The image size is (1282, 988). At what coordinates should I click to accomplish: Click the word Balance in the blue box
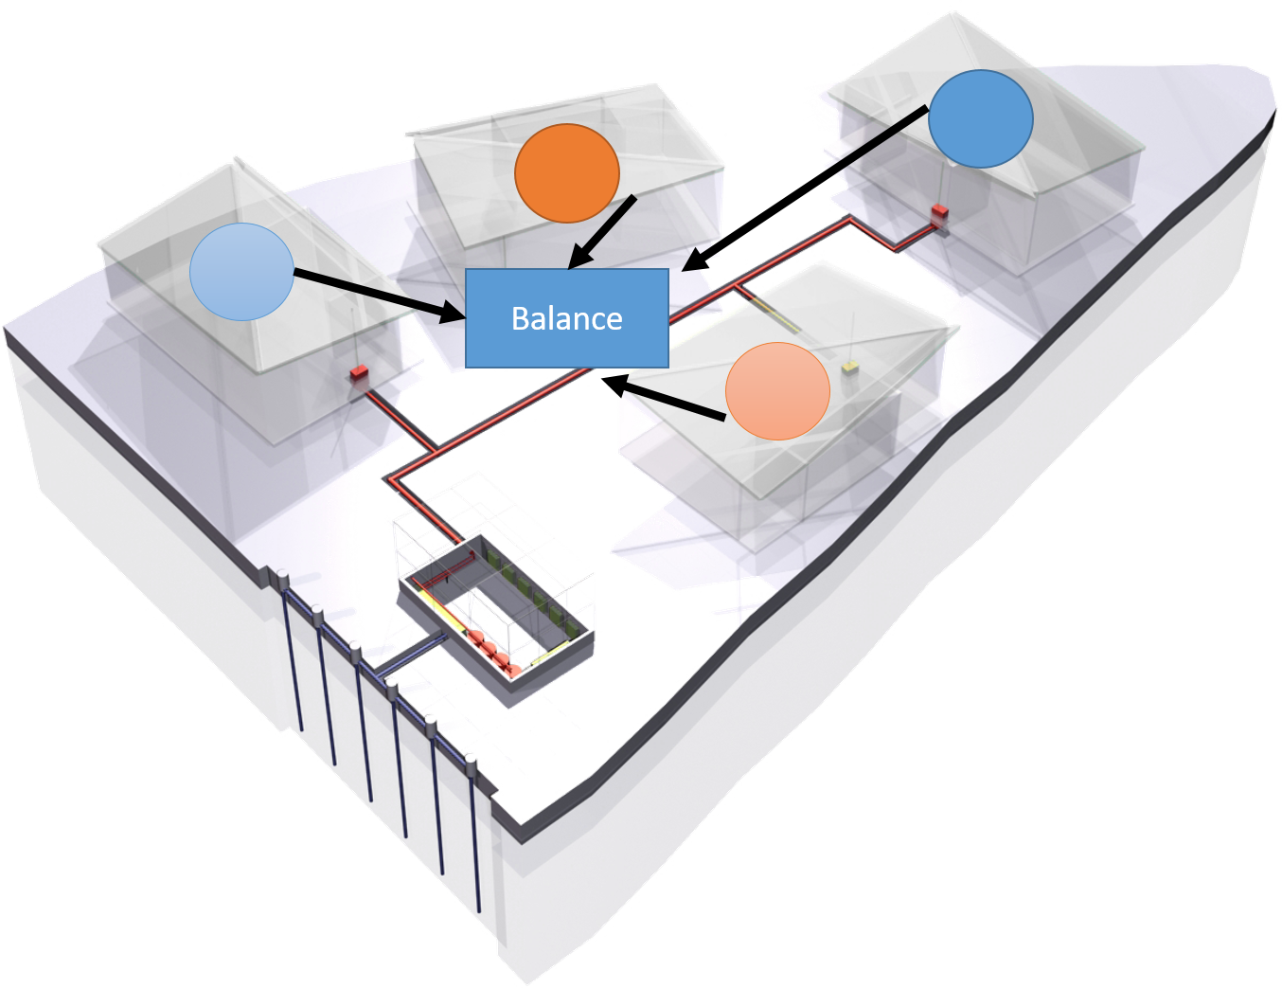[566, 318]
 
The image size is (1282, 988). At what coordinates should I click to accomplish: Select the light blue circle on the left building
[241, 272]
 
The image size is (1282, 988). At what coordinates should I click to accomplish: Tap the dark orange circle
[566, 172]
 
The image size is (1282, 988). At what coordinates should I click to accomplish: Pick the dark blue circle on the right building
[980, 118]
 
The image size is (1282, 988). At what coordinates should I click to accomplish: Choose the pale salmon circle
[777, 391]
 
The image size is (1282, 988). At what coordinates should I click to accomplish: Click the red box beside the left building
[359, 372]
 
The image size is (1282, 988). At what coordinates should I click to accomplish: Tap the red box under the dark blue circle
[938, 211]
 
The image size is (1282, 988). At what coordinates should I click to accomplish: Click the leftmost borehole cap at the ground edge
[280, 575]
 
